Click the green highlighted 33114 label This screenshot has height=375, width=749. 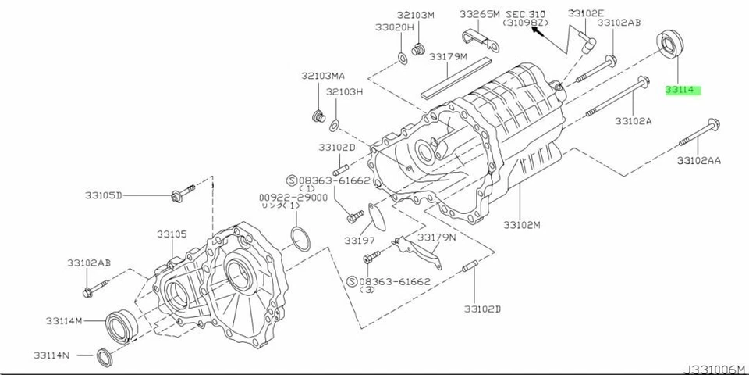(683, 91)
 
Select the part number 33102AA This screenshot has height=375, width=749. (698, 160)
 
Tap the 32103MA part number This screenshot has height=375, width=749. (323, 76)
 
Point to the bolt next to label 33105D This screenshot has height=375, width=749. (177, 195)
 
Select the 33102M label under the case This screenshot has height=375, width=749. (522, 225)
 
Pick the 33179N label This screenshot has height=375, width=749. (437, 236)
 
